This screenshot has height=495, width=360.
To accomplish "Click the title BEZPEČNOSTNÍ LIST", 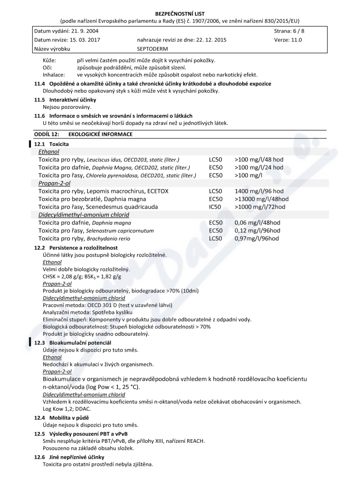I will [180, 14].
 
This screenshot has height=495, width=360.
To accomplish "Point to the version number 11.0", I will [295, 40].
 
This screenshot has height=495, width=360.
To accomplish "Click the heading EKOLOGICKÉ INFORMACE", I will [100, 134].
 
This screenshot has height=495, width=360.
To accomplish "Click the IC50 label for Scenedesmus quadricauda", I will [216, 207].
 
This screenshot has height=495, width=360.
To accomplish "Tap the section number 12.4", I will [40, 418].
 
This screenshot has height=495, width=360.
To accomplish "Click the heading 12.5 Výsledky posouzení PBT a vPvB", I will [81, 434].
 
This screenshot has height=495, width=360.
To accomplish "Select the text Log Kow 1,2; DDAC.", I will [67, 409].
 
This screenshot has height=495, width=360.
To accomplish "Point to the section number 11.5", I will [40, 99].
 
